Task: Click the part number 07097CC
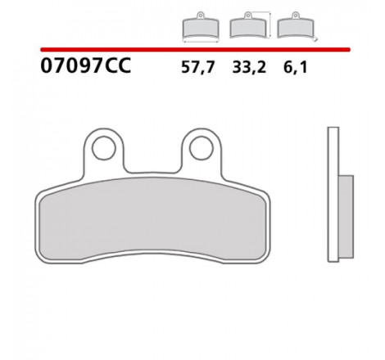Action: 86,65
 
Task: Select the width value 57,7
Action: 198,67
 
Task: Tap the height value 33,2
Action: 249,67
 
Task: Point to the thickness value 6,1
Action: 296,67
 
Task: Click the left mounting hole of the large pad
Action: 104,148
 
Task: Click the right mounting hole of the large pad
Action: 202,148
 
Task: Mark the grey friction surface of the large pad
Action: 152,218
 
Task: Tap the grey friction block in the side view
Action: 346,217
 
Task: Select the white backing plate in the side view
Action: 333,195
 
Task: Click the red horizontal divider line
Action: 195,49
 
